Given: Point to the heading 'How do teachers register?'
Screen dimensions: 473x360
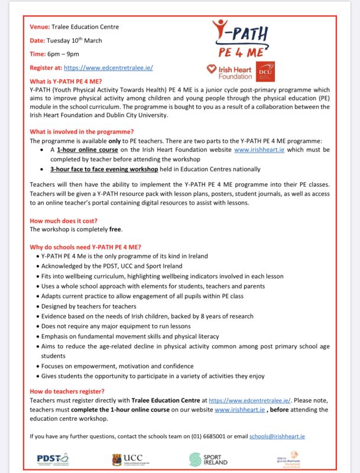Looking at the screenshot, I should click(x=67, y=391).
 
